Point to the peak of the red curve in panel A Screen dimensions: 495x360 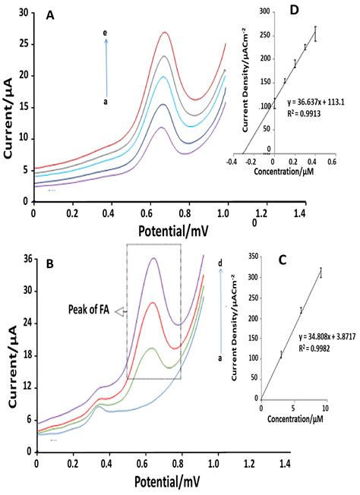[x=165, y=33]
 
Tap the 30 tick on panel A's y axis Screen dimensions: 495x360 [x=22, y=13]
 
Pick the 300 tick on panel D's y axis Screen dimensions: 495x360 [x=266, y=12]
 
